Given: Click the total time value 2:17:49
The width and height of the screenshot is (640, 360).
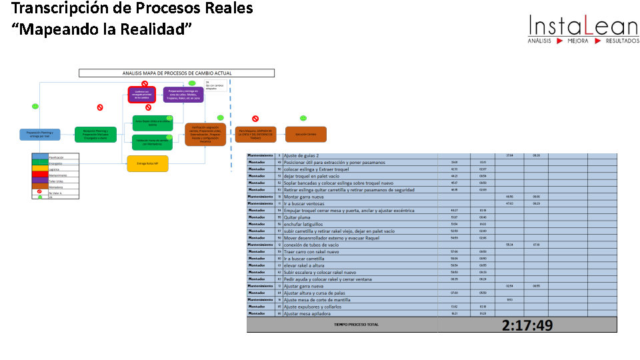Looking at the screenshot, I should pos(527,325).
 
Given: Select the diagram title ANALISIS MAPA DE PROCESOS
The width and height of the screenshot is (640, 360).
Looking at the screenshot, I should pos(177,73).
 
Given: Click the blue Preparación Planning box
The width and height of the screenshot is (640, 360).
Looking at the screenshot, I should pos(39,134).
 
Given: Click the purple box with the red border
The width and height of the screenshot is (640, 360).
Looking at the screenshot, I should pos(141,95).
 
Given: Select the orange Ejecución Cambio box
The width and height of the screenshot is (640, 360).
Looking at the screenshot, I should pos(306,134).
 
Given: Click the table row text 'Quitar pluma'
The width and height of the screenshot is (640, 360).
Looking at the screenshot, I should pos(297,217).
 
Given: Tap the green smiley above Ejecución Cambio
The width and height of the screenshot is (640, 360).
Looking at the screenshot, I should pos(303,118).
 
